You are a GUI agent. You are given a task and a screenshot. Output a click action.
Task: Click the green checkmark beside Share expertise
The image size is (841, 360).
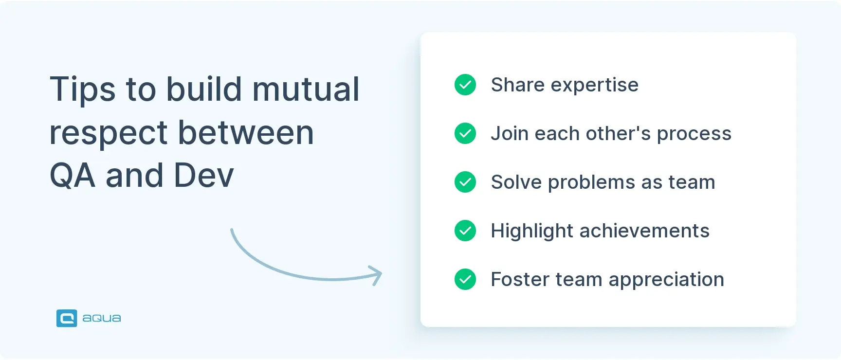click(465, 85)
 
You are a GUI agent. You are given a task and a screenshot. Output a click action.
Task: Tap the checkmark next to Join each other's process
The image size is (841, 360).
click(465, 133)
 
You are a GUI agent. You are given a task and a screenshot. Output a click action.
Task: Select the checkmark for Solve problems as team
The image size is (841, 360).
click(465, 182)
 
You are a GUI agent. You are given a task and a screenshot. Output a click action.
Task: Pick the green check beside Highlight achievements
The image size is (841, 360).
click(465, 231)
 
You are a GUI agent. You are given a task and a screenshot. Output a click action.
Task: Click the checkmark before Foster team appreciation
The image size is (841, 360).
click(465, 279)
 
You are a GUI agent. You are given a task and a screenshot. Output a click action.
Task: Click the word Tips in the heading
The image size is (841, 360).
click(83, 90)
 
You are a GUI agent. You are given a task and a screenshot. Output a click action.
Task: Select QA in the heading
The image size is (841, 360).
click(73, 176)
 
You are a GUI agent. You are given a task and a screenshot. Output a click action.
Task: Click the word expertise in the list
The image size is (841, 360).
click(594, 86)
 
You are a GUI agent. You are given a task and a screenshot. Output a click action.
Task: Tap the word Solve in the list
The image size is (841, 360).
click(516, 182)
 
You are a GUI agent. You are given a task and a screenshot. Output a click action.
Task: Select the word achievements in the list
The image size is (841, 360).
click(644, 231)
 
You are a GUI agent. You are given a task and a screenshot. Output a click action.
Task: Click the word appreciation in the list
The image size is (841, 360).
click(666, 280)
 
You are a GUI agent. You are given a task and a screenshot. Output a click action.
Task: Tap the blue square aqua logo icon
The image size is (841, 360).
click(67, 318)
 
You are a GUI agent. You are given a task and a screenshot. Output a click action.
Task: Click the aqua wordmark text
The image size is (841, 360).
click(102, 318)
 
